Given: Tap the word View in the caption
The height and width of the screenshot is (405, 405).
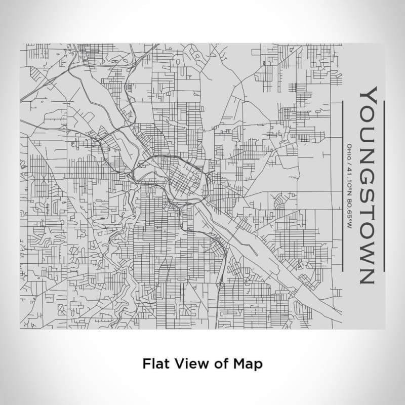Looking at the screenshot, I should coord(188,363).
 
